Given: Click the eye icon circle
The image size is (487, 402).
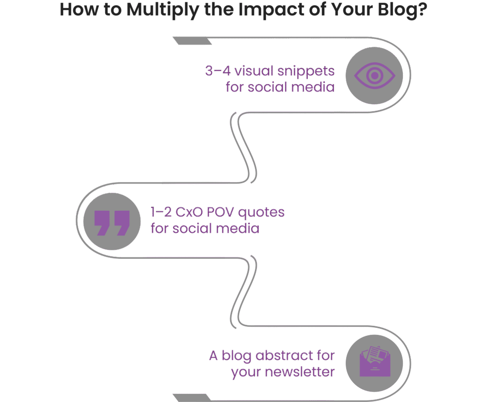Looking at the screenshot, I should coord(374,76).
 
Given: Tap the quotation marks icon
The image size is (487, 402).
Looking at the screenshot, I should coord(112,222).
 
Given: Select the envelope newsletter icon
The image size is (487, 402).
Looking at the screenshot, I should coord(374,363).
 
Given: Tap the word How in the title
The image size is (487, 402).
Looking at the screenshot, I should coord(78,10).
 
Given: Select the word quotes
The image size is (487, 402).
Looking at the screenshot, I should coord(264,212).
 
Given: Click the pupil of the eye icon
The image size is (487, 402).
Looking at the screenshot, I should coord(374,75).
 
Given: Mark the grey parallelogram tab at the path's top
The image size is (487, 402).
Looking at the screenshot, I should coord(185,41).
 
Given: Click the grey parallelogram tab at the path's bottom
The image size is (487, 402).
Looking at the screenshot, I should coord(185,398).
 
